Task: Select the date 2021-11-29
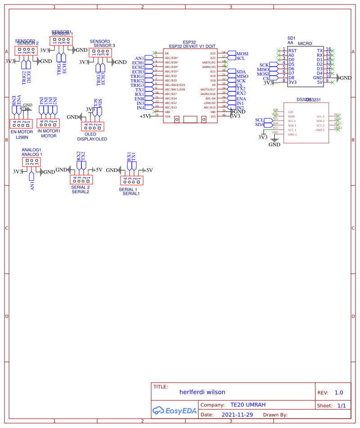tap(237, 414)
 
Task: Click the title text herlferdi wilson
tap(202, 392)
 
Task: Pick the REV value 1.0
tap(338, 392)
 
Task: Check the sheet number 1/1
tap(342, 405)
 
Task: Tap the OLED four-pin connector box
tap(93, 126)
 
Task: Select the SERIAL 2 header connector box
tap(81, 180)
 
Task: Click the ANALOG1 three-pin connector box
tap(31, 161)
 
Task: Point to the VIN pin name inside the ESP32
tap(167, 117)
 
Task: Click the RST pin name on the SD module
tap(292, 50)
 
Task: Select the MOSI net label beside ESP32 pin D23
tap(242, 54)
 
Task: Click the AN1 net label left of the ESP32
tap(139, 59)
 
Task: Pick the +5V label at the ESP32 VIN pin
tap(144, 116)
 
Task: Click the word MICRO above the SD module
tap(305, 43)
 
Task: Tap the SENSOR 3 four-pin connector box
tap(100, 52)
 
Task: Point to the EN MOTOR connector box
tap(21, 123)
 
